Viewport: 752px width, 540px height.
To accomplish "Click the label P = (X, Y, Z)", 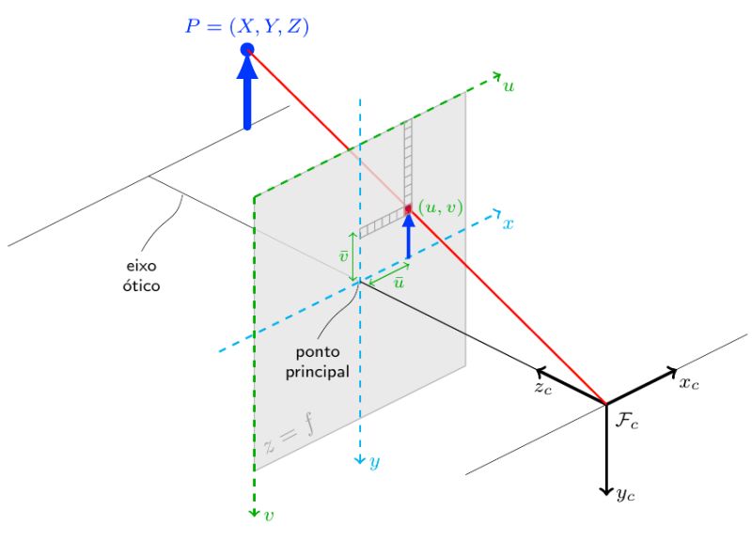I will click(246, 27).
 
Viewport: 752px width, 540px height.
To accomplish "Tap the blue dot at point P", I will click(247, 49).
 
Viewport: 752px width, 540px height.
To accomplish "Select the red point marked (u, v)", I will click(409, 208).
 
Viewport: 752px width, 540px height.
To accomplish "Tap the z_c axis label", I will click(542, 387).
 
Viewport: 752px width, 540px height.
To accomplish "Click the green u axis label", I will click(509, 85).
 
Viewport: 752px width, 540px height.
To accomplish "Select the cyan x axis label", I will click(508, 224).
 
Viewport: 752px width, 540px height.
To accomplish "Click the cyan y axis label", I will click(374, 462).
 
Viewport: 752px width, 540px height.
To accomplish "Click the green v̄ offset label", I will click(344, 255).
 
